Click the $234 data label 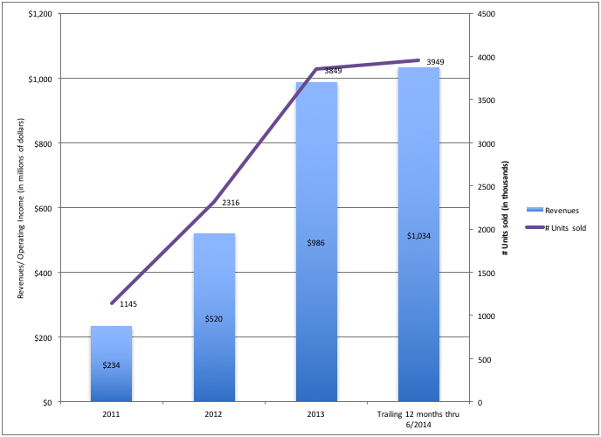coord(113,364)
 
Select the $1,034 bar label coord(418,236)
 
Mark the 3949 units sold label coord(435,62)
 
